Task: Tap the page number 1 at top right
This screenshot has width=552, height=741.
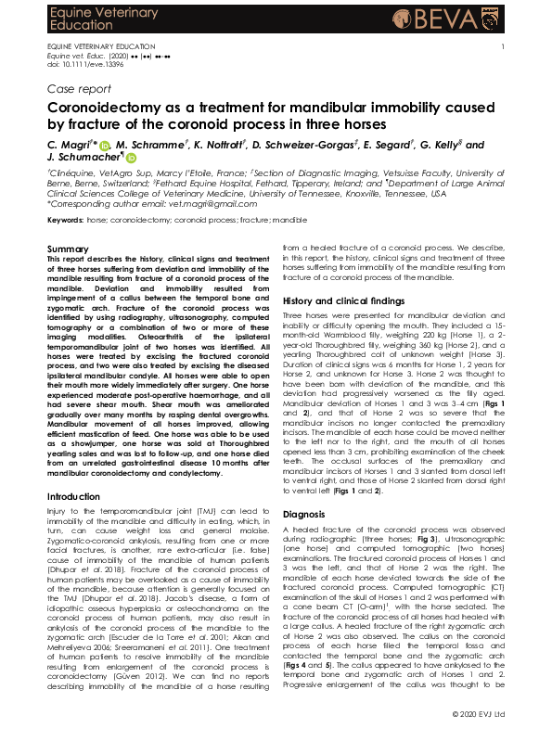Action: [503, 46]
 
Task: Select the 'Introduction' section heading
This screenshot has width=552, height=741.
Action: [73, 497]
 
